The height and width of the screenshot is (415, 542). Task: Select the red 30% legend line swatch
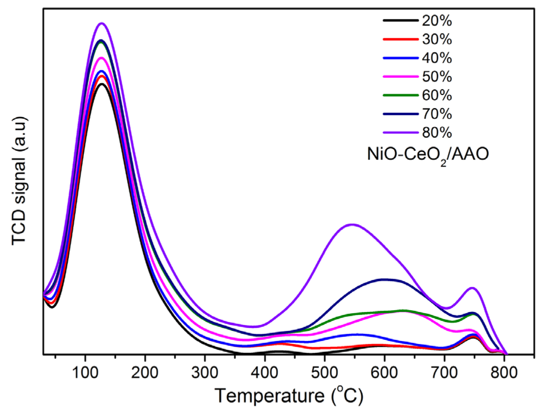tap(400, 39)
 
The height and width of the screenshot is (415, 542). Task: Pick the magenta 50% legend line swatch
tap(400, 77)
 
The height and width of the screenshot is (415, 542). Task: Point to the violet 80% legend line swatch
tap(400, 132)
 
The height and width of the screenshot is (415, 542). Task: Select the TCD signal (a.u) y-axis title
tap(20, 181)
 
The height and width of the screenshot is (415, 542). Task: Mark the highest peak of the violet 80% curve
tap(102, 23)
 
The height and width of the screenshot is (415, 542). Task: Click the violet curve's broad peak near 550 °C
tap(352, 224)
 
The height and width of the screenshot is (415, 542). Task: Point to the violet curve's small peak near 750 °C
tap(472, 288)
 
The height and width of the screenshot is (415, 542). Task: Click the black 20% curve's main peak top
tap(102, 84)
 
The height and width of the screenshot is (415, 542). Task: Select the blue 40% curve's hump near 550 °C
tap(356, 334)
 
